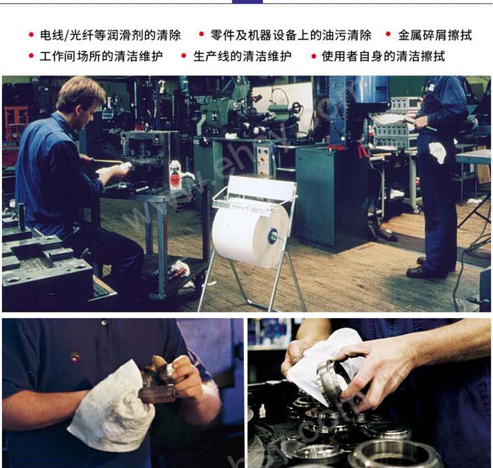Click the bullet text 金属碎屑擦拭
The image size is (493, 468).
[435, 35]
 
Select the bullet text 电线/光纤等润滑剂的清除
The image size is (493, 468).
[110, 35]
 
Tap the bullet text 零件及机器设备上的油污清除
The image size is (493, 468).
[291, 35]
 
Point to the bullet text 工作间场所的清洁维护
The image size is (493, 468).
[101, 56]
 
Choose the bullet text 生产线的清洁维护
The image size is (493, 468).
[242, 56]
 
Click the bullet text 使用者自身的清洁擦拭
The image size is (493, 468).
[383, 56]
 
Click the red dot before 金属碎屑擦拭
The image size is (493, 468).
[388, 34]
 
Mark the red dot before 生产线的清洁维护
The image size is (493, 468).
[184, 56]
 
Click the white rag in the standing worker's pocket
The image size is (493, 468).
[438, 152]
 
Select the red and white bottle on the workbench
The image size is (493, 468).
[175, 176]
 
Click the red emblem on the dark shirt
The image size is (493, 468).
[74, 358]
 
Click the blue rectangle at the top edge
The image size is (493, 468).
[247, 2]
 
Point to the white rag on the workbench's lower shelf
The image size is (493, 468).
[179, 270]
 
